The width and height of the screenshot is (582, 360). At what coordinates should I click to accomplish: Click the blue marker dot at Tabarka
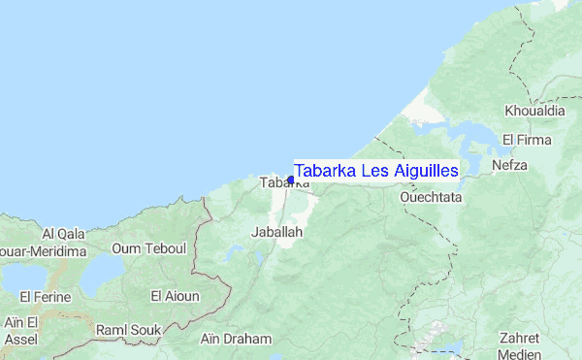click(x=291, y=180)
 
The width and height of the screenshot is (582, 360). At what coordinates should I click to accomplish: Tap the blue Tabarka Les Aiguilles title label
click(x=376, y=171)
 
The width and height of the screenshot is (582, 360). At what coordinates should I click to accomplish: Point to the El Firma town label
click(x=527, y=140)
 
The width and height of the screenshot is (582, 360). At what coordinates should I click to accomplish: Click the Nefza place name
click(x=509, y=165)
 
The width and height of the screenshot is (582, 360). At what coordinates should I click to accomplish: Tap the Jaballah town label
click(x=277, y=233)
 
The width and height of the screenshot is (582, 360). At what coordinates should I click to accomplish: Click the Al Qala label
click(x=64, y=233)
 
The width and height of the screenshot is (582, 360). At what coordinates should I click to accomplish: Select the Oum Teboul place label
click(x=148, y=249)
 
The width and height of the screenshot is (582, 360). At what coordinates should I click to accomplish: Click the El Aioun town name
click(x=175, y=295)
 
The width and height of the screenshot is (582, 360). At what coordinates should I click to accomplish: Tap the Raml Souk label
click(x=128, y=330)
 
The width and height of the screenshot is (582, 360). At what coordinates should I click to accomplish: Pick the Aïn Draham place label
click(x=236, y=339)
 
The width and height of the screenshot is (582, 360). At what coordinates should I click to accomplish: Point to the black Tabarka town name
click(x=277, y=182)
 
